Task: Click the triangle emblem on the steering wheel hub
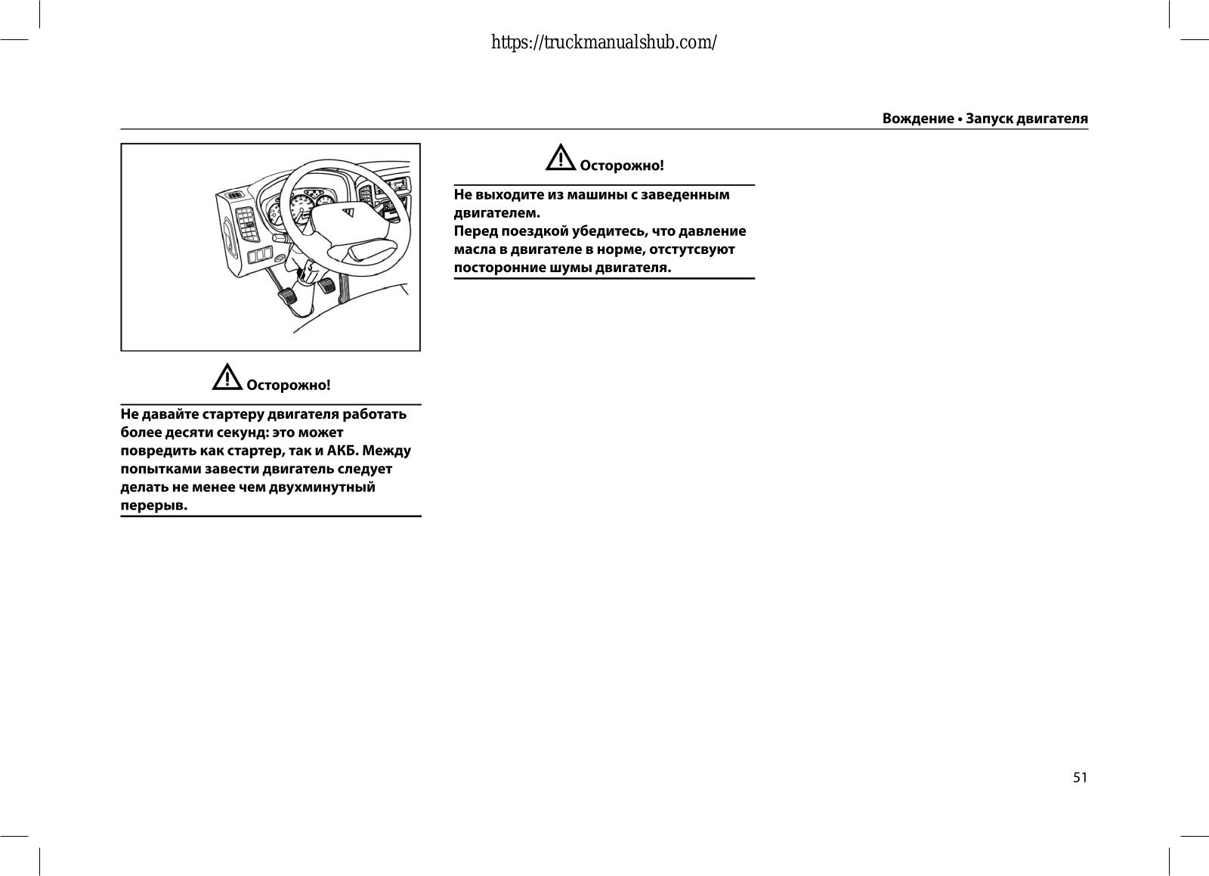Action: point(348,212)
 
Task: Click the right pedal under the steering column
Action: point(326,286)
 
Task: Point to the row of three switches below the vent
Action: point(258,256)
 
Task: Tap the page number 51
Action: point(1080,778)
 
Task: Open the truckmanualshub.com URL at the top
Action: point(604,42)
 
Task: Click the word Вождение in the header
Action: point(917,119)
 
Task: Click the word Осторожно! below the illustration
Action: point(289,385)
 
